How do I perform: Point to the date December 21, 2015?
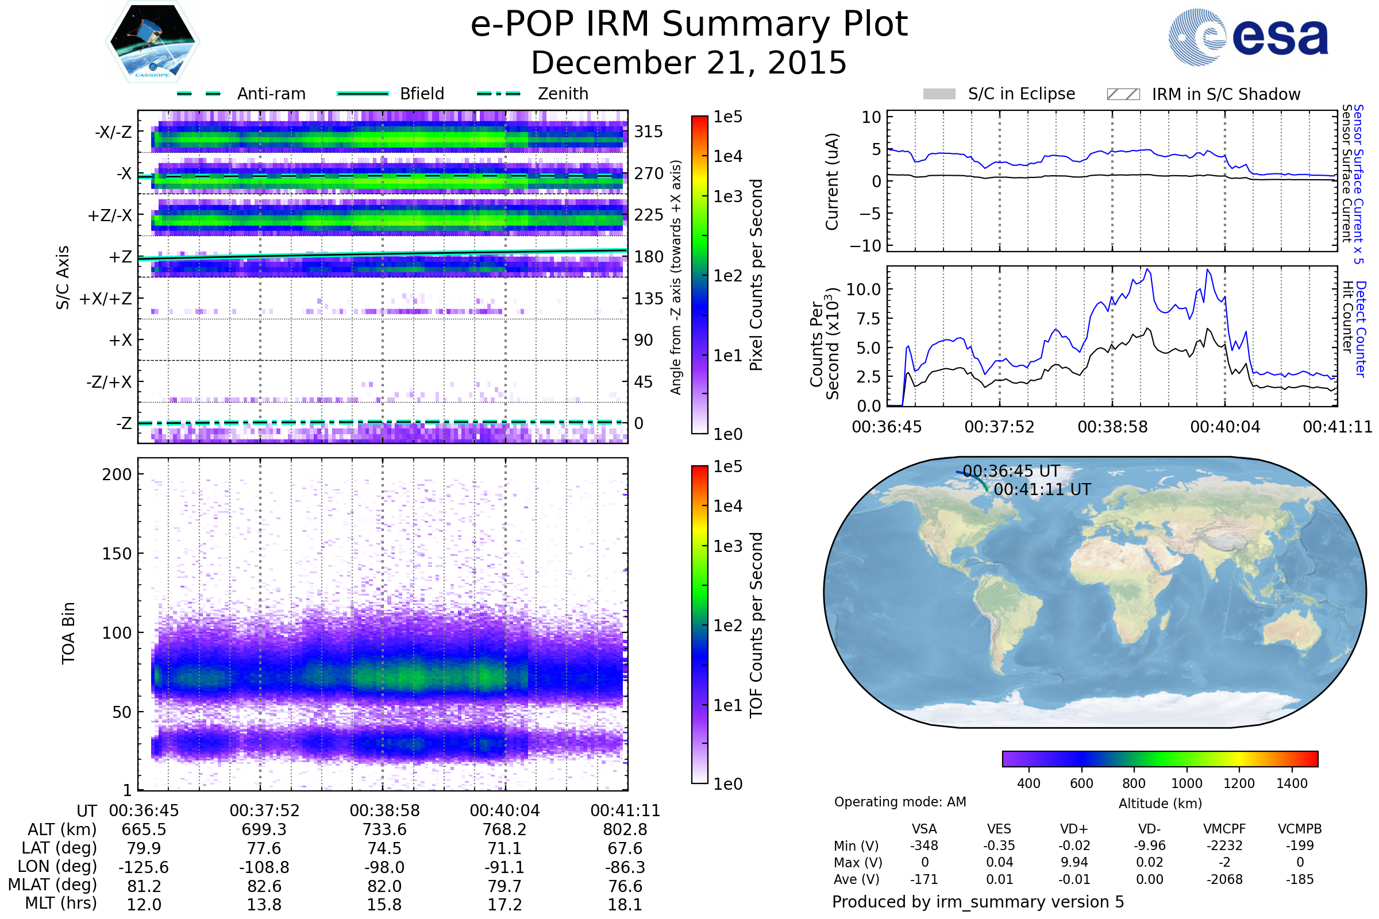689,63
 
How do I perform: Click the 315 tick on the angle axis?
648,132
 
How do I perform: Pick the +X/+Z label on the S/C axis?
106,299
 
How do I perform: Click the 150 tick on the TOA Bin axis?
117,554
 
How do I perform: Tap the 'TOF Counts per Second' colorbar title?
756,625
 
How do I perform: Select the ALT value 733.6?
384,830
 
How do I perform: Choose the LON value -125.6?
144,867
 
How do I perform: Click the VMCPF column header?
1224,829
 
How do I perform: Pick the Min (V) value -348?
924,845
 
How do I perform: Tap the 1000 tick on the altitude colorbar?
1187,783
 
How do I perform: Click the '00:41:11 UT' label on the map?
1042,489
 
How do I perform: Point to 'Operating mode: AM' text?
900,802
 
